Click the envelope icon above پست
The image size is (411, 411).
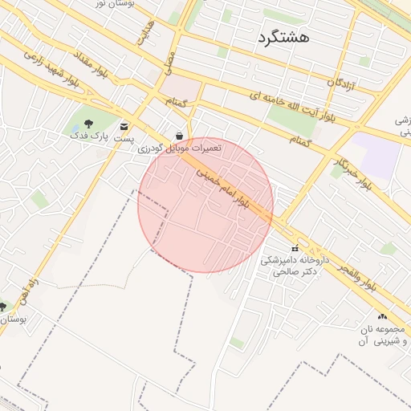pos(124,127)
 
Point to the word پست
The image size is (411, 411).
pos(123,139)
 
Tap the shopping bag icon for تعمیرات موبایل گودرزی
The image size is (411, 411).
pos(178,136)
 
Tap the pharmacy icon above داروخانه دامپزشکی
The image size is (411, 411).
pos(295,249)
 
